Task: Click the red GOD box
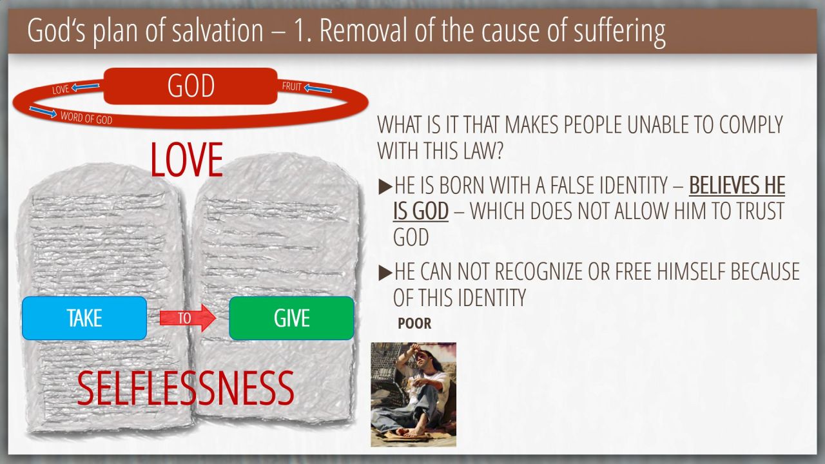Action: click(190, 86)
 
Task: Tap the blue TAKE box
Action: click(84, 318)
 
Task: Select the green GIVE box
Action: click(291, 318)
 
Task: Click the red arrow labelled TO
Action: click(188, 318)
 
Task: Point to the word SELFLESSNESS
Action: click(186, 388)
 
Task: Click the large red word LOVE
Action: click(187, 160)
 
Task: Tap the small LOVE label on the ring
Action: click(61, 90)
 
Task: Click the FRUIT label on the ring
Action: click(292, 86)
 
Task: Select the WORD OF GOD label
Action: click(86, 118)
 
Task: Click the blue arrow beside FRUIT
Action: click(318, 89)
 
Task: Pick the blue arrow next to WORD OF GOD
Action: click(43, 112)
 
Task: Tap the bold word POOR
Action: click(414, 324)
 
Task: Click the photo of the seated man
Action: click(413, 394)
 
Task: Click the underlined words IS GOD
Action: click(421, 211)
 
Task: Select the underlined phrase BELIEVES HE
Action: click(737, 185)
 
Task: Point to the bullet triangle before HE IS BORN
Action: click(385, 187)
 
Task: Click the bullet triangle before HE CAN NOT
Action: click(385, 273)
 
